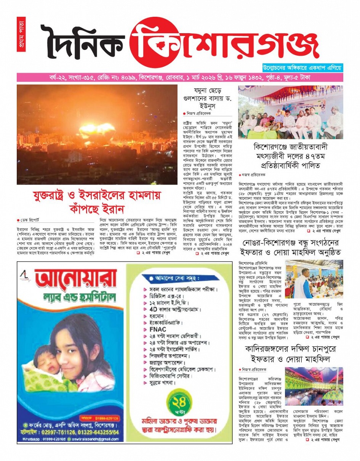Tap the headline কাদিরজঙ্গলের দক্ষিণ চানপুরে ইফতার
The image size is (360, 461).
click(290, 353)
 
